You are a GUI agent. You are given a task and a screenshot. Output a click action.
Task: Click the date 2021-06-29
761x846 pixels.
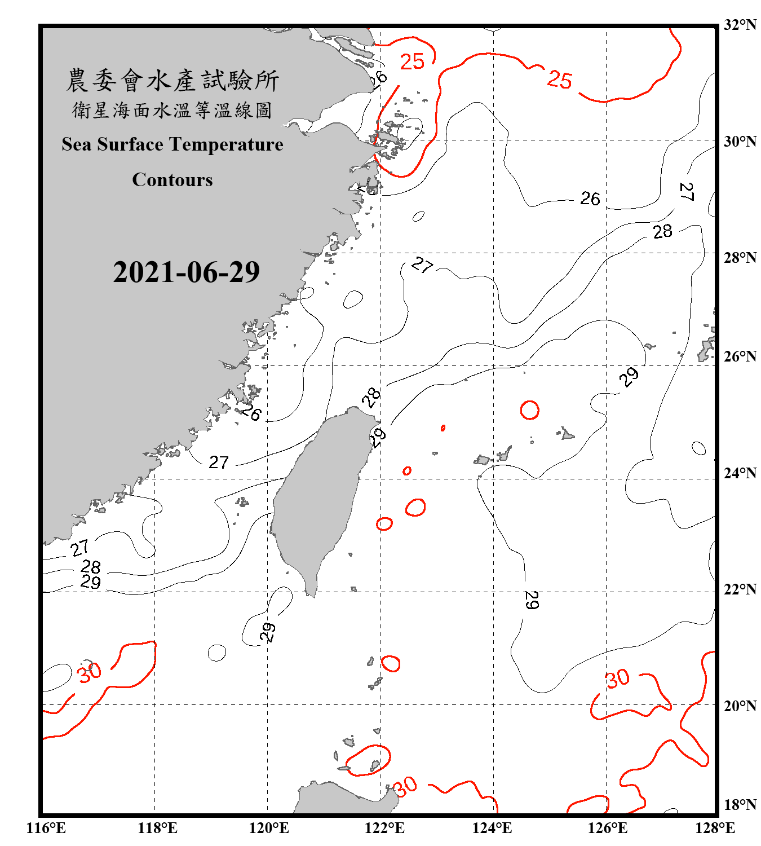(186, 272)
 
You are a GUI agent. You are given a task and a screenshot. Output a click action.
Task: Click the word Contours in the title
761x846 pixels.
(172, 180)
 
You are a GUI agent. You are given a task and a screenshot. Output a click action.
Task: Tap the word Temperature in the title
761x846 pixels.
(225, 144)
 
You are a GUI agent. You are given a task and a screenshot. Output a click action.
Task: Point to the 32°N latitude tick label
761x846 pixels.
(740, 25)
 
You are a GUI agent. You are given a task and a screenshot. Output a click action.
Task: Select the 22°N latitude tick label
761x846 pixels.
(740, 589)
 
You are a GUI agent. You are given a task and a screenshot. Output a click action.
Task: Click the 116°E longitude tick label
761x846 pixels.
(46, 828)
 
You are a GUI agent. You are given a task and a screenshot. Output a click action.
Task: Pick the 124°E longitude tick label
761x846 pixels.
(492, 828)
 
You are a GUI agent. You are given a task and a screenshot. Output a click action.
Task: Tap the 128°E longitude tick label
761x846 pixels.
(715, 828)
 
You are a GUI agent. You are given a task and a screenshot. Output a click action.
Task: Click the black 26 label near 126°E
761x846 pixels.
(590, 199)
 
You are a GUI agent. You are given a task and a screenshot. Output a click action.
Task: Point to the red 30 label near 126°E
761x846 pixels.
(617, 678)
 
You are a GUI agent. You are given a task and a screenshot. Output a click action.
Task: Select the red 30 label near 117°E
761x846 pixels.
(89, 672)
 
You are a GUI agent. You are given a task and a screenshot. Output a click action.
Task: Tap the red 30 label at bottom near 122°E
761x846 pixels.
(405, 786)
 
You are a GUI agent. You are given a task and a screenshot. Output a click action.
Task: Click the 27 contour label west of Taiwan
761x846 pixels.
(219, 462)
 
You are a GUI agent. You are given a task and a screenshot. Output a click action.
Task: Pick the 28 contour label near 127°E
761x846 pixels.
(662, 231)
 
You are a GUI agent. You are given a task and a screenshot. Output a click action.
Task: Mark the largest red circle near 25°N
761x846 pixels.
(529, 410)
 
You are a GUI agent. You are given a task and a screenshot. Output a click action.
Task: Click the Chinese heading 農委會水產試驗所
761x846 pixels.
(172, 81)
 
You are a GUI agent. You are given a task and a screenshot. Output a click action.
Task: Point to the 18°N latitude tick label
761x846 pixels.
(740, 805)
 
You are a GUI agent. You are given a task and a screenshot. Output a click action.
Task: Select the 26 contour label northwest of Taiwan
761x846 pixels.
(251, 413)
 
